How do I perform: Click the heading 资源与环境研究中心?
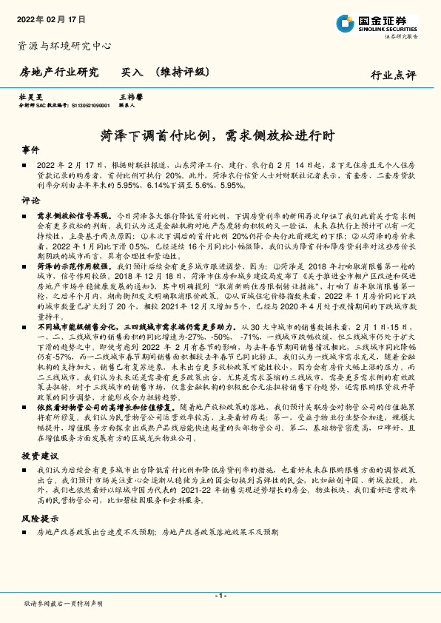point(64,46)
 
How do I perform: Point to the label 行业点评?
point(393,75)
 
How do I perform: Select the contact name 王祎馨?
point(130,97)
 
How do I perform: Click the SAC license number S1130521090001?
point(86,105)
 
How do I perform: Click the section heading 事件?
point(31,149)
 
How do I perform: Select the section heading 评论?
point(31,201)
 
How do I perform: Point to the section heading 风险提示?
point(40,519)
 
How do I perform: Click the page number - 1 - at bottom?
point(220,596)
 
